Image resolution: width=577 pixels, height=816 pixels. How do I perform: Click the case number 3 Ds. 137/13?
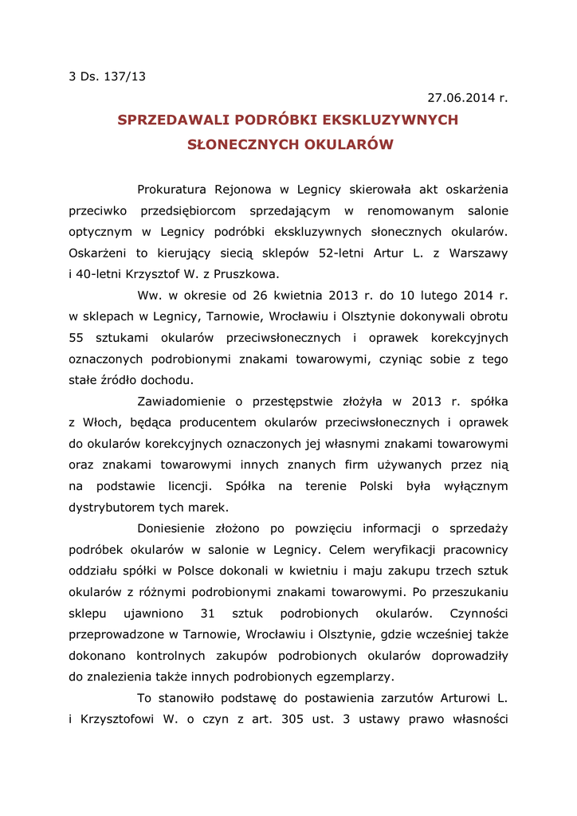pos(108,77)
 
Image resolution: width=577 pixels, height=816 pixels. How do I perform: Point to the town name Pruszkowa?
pos(246,274)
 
